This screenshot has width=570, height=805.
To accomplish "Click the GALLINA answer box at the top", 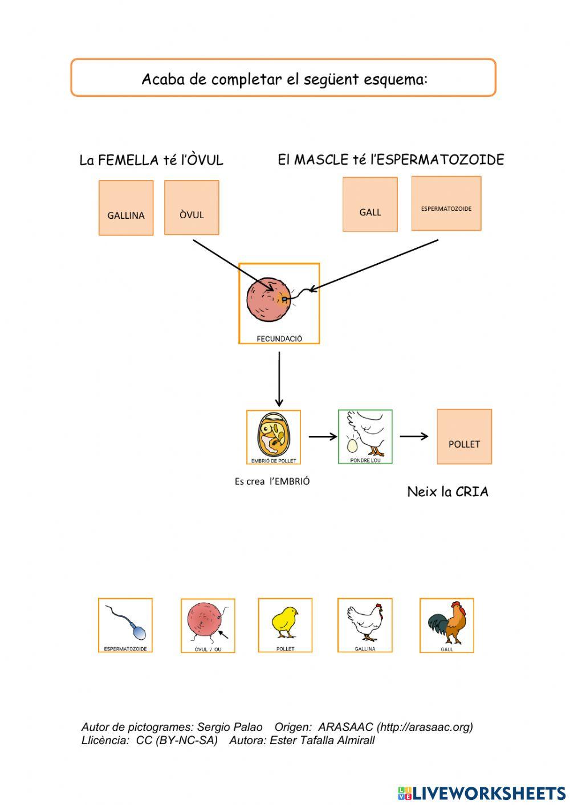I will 126,208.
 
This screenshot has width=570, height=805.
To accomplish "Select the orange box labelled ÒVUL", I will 192,207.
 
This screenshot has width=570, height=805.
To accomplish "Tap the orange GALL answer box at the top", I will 370,205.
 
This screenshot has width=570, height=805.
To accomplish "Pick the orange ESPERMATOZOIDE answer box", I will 446,203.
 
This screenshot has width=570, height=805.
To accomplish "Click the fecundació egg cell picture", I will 279,303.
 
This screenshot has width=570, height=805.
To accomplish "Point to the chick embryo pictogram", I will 274,437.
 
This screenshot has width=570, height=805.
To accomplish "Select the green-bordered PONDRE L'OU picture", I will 365,436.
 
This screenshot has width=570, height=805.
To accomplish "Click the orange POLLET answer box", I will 464,436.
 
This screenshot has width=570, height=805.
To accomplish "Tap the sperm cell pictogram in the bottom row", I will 125,625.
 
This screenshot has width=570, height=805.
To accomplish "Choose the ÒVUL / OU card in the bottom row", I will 208,626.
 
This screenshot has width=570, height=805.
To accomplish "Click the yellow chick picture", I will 285,625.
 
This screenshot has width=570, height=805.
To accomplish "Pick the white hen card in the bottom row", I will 365,625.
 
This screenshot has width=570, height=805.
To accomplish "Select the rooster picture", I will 447,625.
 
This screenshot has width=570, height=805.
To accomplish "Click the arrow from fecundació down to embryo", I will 279,379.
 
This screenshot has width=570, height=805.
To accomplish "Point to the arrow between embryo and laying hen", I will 323,437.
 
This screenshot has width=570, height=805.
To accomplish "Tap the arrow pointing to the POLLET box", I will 414,436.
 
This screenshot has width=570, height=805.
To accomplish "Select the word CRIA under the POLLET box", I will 472,492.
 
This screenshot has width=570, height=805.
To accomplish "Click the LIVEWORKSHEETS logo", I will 482,793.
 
